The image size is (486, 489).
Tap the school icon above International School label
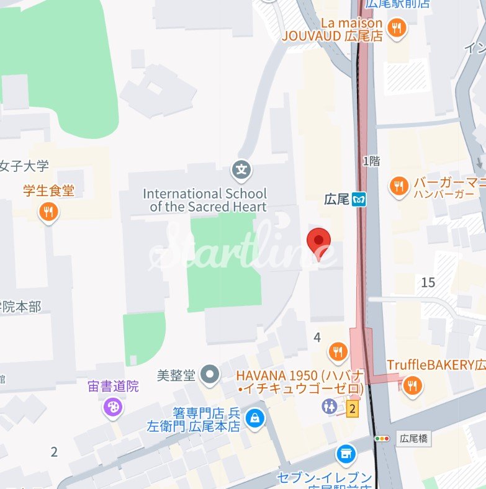tap(241, 168)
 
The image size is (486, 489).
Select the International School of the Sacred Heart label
tap(205, 200)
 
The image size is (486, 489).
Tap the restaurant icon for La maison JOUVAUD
tap(397, 27)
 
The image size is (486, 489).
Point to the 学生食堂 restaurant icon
tap(48, 213)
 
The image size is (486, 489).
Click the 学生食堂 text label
tap(48, 191)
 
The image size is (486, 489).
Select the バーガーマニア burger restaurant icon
tap(398, 184)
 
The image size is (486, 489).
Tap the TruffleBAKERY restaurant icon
tap(410, 387)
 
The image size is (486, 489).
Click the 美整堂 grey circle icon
tap(212, 374)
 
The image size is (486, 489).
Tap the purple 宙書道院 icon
tap(113, 408)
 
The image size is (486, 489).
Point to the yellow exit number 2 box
tap(353, 408)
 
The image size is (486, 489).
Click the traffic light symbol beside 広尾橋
tap(382, 439)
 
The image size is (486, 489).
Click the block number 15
tap(428, 283)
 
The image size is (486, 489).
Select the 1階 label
tap(371, 161)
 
